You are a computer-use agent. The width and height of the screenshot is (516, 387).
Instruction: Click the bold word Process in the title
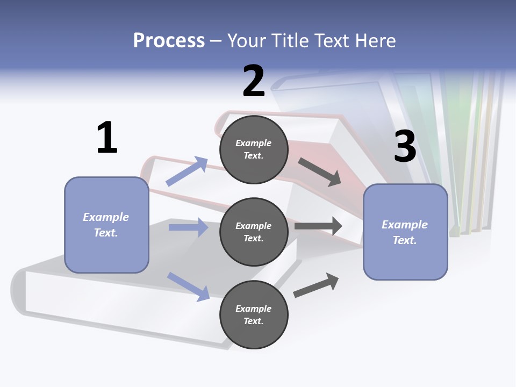[169, 40]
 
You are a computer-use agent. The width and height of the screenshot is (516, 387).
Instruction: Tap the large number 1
[107, 138]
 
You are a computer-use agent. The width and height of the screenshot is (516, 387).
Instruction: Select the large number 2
[254, 81]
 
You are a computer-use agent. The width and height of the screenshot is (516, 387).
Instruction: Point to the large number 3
[405, 146]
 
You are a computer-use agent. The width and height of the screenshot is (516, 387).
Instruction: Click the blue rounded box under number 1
[106, 225]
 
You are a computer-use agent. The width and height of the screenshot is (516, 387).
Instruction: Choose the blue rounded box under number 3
[405, 232]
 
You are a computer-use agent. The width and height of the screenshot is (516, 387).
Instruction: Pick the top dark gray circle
[254, 149]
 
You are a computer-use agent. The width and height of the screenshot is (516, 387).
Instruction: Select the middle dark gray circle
[254, 232]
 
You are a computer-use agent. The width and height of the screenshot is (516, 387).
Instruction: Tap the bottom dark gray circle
[254, 315]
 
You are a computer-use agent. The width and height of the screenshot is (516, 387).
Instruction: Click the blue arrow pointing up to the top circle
[187, 171]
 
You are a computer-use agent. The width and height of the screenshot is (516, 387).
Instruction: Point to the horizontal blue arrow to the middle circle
[188, 227]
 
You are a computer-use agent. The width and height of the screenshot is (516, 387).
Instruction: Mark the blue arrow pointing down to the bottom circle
[188, 286]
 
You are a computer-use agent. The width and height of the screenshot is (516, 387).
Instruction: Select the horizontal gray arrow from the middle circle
[318, 226]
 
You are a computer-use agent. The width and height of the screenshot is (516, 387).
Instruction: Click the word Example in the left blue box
[106, 217]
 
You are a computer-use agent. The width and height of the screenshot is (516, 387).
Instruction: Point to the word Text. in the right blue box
[405, 240]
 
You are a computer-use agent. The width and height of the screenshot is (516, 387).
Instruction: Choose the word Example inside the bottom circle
[254, 309]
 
